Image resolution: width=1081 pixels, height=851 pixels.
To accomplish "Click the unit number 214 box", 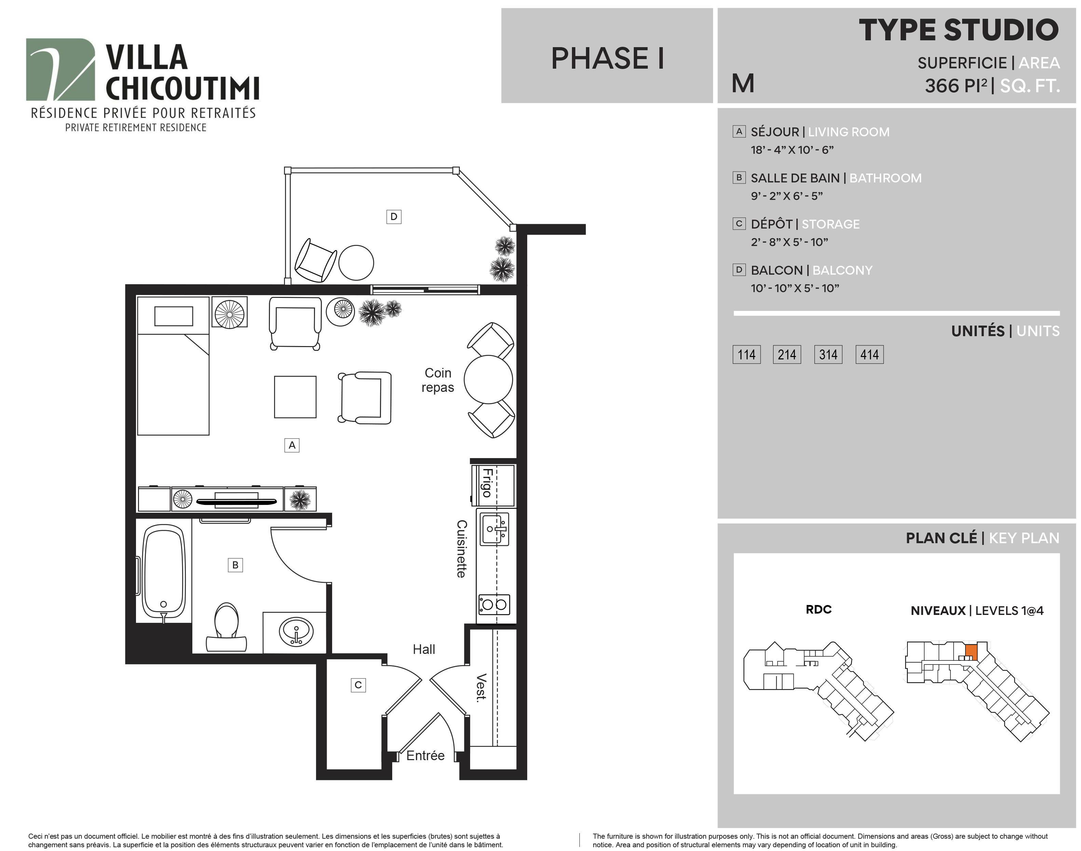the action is pyautogui.click(x=786, y=354).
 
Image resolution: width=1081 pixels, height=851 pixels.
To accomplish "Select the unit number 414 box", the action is pyautogui.click(x=869, y=354).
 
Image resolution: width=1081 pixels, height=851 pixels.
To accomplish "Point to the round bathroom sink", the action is pyautogui.click(x=297, y=632).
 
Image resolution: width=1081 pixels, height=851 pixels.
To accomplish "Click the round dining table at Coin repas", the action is pyautogui.click(x=488, y=380).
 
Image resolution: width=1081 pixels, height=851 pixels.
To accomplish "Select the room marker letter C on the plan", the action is pyautogui.click(x=358, y=685).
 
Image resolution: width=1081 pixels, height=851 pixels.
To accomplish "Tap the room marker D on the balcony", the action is pyautogui.click(x=394, y=216).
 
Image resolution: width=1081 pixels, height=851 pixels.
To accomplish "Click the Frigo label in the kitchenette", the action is pyautogui.click(x=487, y=482).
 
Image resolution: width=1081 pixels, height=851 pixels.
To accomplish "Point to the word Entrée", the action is pyautogui.click(x=425, y=755).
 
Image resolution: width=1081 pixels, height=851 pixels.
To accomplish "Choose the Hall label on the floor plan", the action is pyautogui.click(x=424, y=649).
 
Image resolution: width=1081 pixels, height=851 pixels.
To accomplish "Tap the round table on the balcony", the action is pyautogui.click(x=356, y=263).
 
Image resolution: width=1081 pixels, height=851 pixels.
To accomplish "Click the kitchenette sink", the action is pyautogui.click(x=495, y=529).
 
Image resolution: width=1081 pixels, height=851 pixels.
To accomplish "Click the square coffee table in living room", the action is pyautogui.click(x=295, y=397).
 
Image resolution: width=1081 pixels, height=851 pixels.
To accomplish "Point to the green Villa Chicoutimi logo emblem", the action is pyautogui.click(x=60, y=69).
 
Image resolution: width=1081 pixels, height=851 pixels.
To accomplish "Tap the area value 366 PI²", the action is pyautogui.click(x=956, y=86).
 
